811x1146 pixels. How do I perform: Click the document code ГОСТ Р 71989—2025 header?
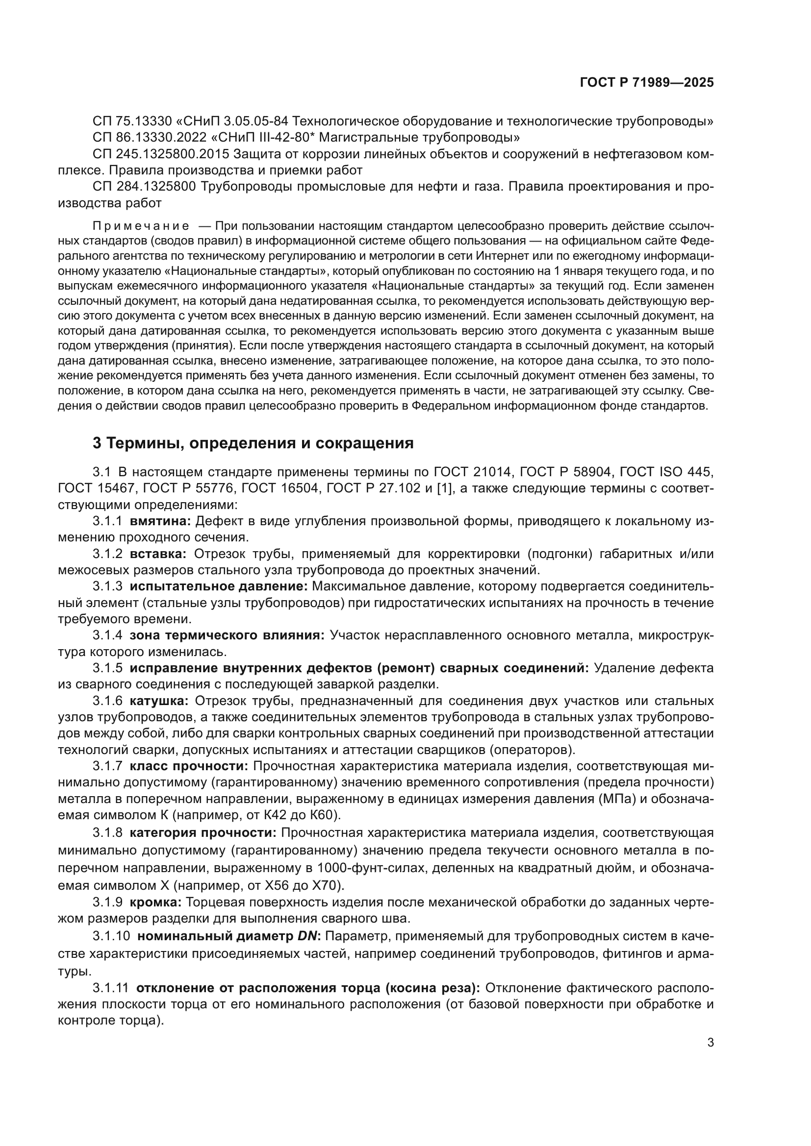647,83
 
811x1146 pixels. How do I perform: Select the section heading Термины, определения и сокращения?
253,443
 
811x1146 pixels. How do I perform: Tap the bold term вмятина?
160,522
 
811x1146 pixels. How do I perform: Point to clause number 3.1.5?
107,668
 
